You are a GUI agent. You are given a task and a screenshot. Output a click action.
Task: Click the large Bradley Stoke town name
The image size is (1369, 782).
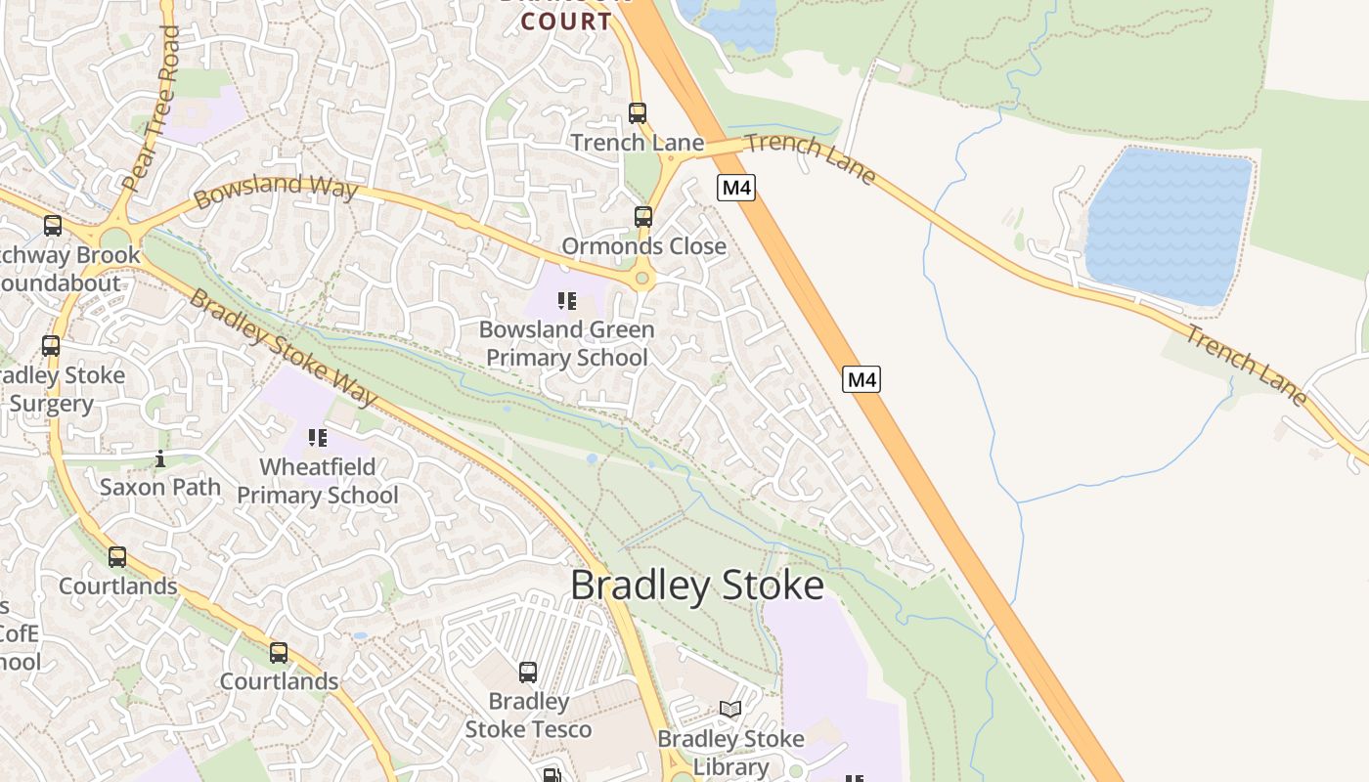click(x=697, y=586)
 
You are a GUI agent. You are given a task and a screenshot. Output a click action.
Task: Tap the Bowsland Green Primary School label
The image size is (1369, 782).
click(x=567, y=343)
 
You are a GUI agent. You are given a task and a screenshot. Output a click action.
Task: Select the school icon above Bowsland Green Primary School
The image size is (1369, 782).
click(x=566, y=300)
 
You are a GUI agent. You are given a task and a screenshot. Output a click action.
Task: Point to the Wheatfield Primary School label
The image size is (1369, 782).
click(x=318, y=481)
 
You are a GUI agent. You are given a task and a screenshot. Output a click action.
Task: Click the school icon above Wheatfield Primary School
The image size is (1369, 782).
click(x=318, y=437)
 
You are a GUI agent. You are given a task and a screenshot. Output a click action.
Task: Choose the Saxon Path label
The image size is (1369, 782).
click(x=160, y=486)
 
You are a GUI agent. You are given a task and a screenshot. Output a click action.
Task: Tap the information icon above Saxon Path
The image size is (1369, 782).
click(x=160, y=457)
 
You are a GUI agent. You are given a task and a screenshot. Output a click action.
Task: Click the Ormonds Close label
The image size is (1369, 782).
click(x=643, y=246)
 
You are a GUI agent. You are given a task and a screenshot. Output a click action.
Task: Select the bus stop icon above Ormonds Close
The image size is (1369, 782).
click(x=642, y=216)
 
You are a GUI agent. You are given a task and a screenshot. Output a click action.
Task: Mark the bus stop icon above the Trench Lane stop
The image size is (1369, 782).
click(x=638, y=113)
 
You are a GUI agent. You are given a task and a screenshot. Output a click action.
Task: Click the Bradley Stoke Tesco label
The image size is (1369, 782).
click(x=528, y=716)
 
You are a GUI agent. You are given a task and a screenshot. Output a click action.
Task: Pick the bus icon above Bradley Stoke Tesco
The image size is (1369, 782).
click(x=528, y=672)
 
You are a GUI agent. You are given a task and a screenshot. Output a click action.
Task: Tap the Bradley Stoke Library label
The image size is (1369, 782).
click(x=730, y=753)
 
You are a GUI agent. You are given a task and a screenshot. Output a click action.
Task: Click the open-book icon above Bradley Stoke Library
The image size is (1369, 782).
click(x=730, y=709)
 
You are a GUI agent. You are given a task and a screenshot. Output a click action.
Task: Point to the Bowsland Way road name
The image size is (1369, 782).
click(x=275, y=189)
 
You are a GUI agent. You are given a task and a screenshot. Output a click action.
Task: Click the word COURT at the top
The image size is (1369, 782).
click(x=568, y=22)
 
